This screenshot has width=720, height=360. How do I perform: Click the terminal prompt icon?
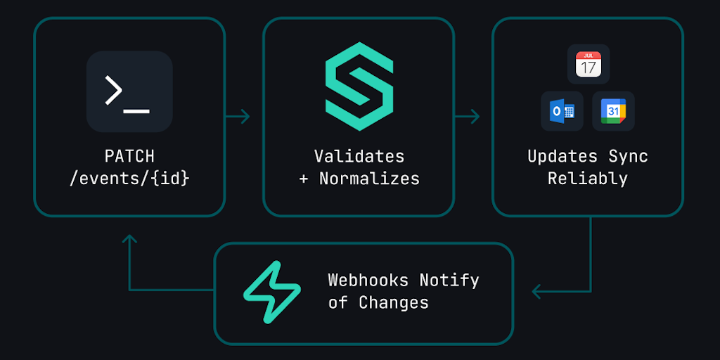129,91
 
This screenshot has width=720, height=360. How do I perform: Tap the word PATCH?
129,156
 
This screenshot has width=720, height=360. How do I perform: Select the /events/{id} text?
129,179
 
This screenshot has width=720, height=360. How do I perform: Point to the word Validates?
359,156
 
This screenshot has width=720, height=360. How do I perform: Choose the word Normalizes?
369,179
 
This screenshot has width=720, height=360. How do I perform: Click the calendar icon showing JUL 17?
588,64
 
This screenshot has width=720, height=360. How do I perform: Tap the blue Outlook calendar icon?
562,111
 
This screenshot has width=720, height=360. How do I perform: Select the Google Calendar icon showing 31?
613,111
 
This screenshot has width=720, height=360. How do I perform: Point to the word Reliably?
588,179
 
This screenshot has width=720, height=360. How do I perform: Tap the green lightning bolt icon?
271,292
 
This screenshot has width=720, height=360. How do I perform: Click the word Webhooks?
368,280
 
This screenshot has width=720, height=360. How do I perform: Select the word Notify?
449,280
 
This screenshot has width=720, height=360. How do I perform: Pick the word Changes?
394,303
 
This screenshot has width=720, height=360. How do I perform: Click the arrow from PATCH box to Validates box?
238,116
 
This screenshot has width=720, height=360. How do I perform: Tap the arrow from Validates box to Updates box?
468,116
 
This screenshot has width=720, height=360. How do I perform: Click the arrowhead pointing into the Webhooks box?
537,290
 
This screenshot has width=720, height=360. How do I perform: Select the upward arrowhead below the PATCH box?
129,240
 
